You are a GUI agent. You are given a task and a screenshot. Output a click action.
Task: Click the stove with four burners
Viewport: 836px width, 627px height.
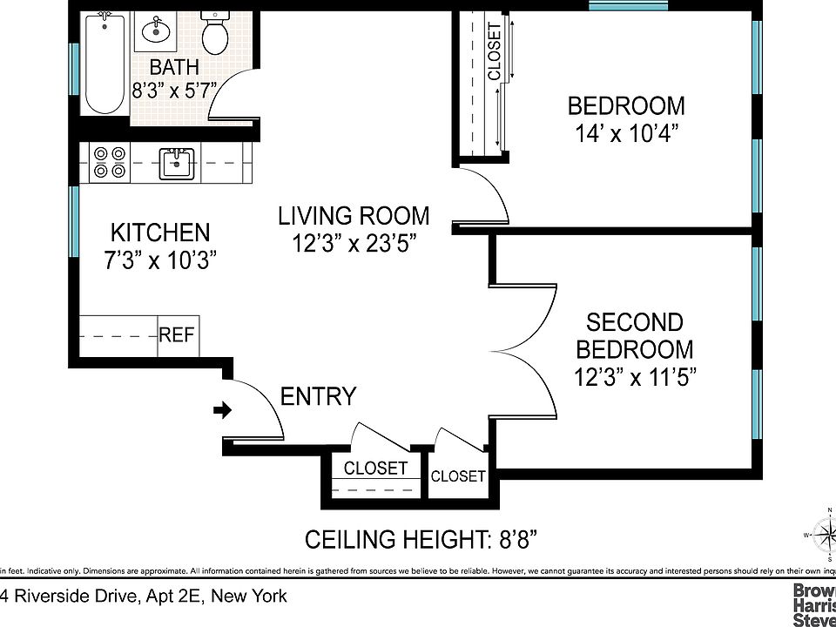(x=109, y=162)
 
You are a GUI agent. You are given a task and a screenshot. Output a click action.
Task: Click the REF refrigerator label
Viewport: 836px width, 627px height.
(x=178, y=335)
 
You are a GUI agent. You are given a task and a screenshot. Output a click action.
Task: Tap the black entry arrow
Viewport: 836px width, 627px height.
(x=223, y=410)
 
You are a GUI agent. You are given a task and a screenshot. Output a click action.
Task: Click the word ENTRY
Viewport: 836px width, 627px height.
(x=318, y=397)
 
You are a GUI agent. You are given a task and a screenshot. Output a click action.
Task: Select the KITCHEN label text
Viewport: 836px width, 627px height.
(x=160, y=233)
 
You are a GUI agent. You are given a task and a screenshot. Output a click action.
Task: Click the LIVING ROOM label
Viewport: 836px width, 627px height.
(x=354, y=215)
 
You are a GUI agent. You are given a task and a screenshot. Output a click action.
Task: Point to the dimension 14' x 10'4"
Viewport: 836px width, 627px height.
(x=626, y=133)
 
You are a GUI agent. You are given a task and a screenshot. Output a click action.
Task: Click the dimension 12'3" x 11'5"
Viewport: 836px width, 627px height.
(x=635, y=377)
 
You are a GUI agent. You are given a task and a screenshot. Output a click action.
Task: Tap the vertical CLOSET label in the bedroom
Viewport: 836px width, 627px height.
(x=495, y=51)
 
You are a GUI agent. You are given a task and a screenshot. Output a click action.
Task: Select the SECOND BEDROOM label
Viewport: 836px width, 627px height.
(x=635, y=336)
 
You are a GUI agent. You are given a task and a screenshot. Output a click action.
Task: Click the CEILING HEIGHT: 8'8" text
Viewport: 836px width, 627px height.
(x=420, y=540)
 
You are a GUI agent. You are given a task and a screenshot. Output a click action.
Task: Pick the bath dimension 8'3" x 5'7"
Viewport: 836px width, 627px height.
(x=173, y=89)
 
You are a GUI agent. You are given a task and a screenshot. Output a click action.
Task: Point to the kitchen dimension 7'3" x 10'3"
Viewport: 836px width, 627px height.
(x=160, y=260)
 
